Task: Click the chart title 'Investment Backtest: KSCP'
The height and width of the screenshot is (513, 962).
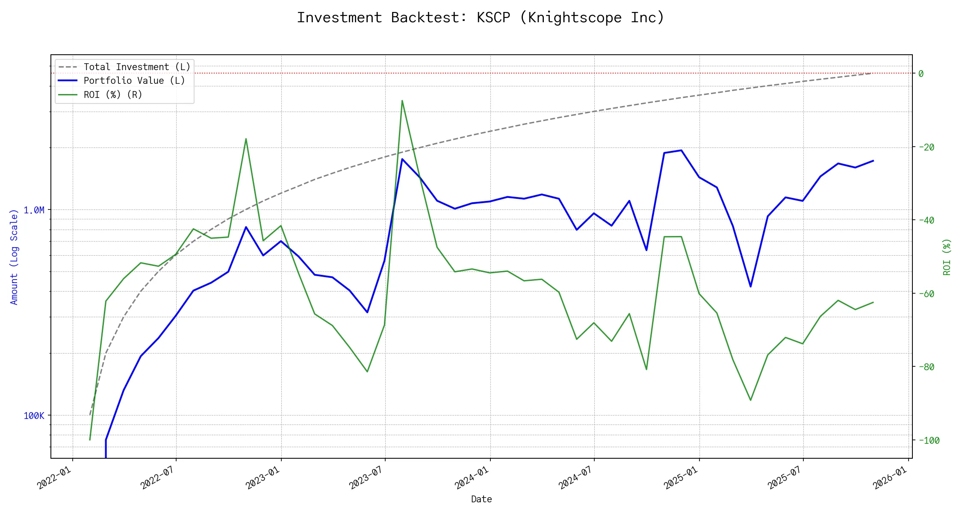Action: [x=481, y=18]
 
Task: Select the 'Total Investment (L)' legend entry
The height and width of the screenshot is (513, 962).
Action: [x=137, y=67]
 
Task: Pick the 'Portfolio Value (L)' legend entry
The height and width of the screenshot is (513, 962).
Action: [x=134, y=81]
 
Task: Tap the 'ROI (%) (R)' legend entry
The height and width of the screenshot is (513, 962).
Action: [x=113, y=94]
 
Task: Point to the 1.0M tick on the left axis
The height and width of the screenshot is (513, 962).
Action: [x=34, y=210]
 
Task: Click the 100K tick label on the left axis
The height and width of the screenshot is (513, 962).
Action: [x=34, y=416]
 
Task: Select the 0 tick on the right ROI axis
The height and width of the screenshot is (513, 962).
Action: [x=921, y=74]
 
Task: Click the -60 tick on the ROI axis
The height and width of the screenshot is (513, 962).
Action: [x=926, y=294]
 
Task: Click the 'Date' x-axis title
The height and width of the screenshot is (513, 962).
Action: [x=481, y=499]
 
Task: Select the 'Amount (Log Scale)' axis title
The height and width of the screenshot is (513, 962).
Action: [x=14, y=256]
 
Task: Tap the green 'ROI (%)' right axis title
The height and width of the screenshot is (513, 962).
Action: [x=947, y=256]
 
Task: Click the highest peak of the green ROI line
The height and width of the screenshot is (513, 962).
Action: [x=402, y=101]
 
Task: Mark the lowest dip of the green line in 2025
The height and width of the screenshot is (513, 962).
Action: [x=751, y=400]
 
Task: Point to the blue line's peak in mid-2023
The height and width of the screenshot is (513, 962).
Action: [x=402, y=159]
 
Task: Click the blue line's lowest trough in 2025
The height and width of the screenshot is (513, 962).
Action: [x=751, y=286]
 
